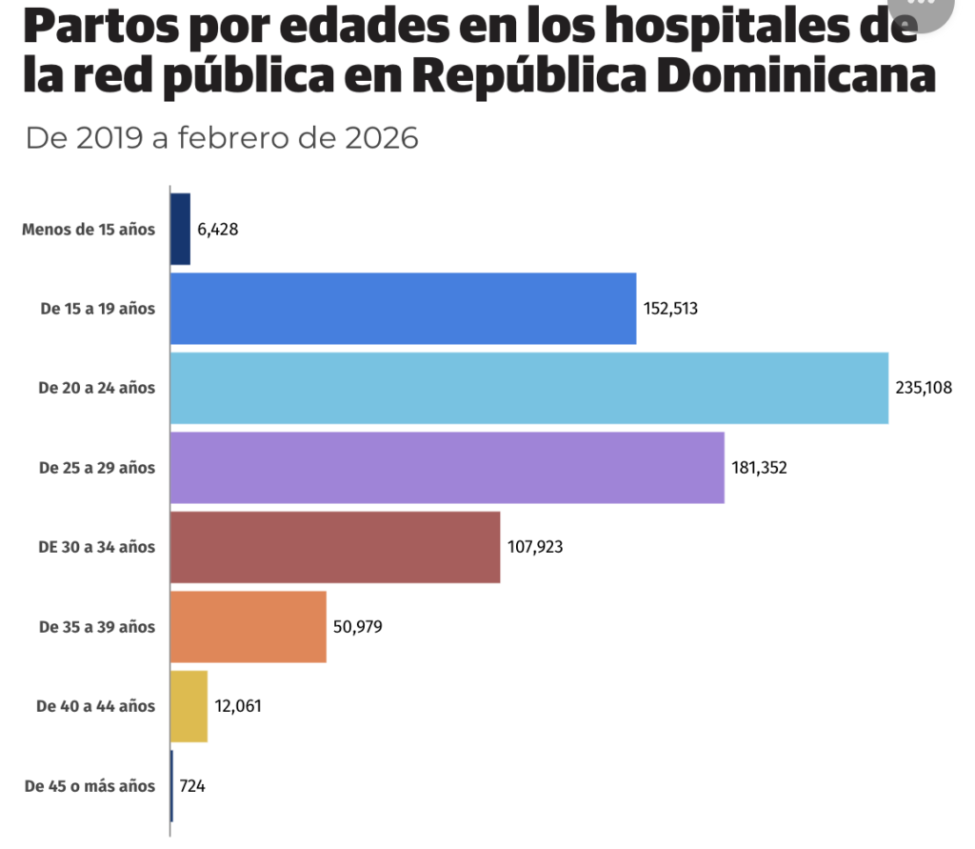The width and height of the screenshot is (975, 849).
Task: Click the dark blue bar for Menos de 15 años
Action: point(180,230)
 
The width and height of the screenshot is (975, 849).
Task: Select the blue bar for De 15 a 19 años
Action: point(403,309)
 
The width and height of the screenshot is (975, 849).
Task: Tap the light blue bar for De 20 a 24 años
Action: point(528,388)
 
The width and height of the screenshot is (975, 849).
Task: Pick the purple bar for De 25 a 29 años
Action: point(447,467)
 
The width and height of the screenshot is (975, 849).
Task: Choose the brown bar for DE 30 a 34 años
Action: point(334,547)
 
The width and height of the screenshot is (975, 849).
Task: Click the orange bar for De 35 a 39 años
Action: point(248,626)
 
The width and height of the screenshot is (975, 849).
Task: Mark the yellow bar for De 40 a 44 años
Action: point(189,706)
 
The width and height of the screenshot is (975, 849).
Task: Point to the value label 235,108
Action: point(924,388)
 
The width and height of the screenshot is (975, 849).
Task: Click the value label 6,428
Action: point(218,230)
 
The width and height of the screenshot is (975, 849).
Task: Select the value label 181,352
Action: point(760,468)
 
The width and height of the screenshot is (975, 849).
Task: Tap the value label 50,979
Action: point(358,627)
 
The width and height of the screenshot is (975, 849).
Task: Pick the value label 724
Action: point(192,786)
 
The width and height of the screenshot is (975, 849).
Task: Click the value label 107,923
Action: point(535,548)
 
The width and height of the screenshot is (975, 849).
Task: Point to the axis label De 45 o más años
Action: point(90,786)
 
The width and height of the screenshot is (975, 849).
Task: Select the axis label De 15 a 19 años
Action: point(97,309)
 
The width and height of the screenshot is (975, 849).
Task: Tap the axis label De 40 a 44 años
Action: point(95,706)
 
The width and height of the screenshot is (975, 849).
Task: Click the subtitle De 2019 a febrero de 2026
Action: point(222,138)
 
